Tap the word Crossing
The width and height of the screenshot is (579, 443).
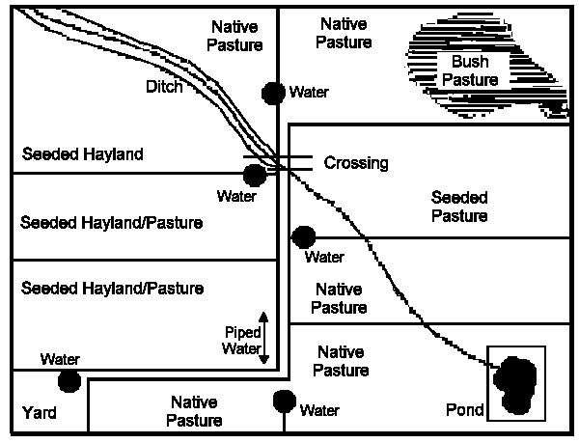point(356,163)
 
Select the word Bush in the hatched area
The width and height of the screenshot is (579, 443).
point(458,62)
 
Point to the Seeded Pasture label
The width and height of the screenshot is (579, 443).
point(459,206)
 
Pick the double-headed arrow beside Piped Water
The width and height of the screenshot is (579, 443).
point(263,338)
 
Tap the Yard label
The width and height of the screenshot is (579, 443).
point(40,414)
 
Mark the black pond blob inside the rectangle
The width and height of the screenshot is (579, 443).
point(514,384)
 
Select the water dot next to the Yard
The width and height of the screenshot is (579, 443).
point(69,381)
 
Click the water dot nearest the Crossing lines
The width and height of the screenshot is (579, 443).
point(255,175)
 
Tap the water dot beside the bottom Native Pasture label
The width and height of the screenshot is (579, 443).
point(284,400)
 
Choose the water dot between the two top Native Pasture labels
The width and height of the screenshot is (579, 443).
point(274,93)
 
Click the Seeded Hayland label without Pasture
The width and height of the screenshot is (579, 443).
point(82,154)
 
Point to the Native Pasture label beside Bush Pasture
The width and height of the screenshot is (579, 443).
point(345,33)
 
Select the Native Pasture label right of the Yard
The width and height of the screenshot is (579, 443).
point(194,410)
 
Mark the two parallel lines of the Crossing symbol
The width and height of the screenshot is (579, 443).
point(278,162)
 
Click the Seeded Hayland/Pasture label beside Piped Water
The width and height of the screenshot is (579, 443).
point(112,289)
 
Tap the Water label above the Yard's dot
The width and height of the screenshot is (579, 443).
point(60,359)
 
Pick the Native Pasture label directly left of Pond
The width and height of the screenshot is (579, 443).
point(343,361)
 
